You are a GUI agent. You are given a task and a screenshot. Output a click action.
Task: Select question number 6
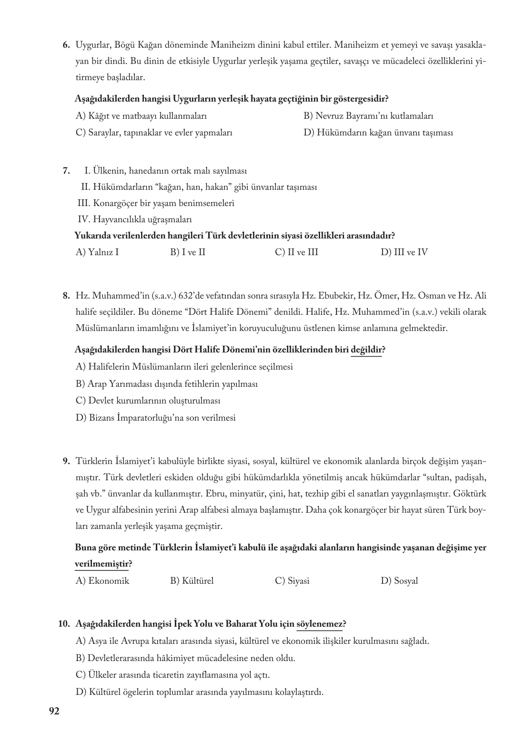[67, 45]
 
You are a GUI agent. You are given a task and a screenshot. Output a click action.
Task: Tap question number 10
[64, 624]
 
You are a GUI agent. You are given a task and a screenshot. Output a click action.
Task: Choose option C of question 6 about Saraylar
[154, 133]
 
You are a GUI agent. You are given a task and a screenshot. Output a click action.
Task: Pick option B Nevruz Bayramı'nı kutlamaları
[368, 116]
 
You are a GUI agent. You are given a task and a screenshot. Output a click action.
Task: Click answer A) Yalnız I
[97, 252]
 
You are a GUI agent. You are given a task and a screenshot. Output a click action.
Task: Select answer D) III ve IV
[404, 252]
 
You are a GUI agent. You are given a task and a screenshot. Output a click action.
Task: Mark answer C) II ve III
[296, 252]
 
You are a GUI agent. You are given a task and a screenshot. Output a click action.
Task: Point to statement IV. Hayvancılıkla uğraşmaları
[134, 219]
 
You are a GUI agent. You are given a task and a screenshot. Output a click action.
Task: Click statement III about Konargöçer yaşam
[155, 203]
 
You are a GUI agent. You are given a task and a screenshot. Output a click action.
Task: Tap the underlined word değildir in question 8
[366, 350]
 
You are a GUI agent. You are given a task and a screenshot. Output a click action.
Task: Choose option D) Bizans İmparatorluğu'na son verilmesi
[156, 418]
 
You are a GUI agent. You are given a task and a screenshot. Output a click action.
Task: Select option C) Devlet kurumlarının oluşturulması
[148, 401]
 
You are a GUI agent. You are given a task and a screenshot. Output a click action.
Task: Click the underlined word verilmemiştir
[101, 564]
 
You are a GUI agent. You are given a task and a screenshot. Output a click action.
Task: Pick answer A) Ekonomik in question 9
[102, 581]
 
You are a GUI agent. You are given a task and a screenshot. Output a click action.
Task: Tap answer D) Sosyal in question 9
[399, 581]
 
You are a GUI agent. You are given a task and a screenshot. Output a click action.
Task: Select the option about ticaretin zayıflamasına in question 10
[173, 675]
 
